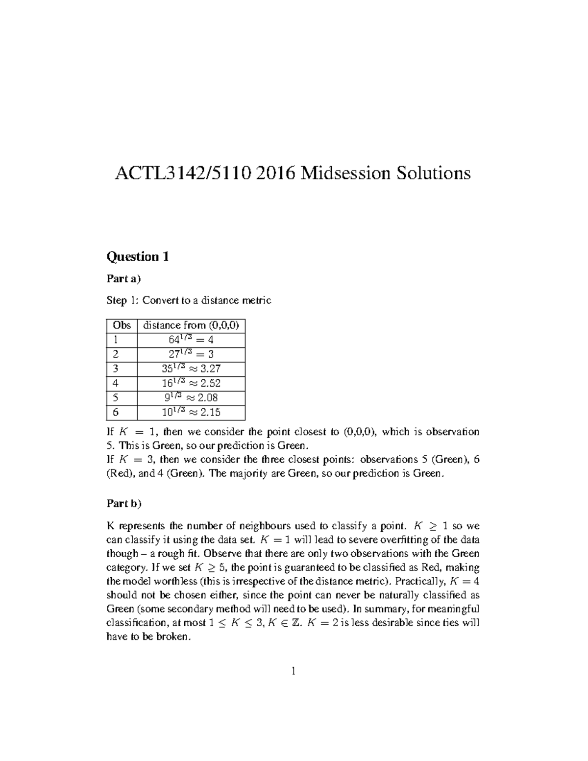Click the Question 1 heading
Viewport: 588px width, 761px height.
pos(138,257)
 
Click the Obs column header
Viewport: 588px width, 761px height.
pos(122,325)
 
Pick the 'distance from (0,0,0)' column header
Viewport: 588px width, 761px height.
pos(191,325)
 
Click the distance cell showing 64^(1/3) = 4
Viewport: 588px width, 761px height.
pos(191,340)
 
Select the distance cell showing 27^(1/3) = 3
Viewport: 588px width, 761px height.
pos(191,354)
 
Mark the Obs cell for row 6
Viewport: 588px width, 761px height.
pos(116,412)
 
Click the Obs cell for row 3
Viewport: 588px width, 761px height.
pos(116,368)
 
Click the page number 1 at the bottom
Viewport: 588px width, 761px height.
pos(293,671)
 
